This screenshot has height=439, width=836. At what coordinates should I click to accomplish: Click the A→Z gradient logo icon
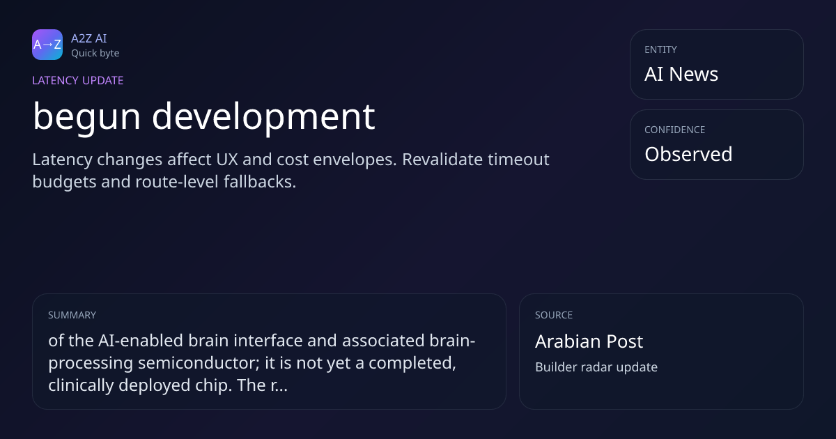click(x=47, y=45)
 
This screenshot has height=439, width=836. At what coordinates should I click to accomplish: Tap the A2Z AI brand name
click(x=89, y=38)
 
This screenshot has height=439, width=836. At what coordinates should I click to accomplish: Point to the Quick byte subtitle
click(x=95, y=54)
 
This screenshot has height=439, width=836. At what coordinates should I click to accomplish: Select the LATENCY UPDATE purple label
click(x=77, y=80)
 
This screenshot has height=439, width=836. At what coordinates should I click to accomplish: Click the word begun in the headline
click(x=86, y=116)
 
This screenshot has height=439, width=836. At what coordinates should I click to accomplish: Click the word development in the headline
click(x=263, y=116)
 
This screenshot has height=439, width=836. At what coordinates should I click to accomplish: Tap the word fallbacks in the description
click(x=260, y=182)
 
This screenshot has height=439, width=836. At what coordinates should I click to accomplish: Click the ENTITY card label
click(x=660, y=49)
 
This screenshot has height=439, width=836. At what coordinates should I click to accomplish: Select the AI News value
click(x=681, y=74)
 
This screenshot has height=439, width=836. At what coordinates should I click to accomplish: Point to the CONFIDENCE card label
click(x=675, y=130)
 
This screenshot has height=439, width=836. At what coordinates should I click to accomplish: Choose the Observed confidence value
click(x=688, y=154)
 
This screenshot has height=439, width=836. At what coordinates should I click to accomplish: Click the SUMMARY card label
click(x=72, y=315)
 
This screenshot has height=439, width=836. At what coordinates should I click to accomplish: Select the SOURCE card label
click(x=554, y=315)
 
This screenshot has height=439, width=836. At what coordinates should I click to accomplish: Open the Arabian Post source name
click(x=589, y=341)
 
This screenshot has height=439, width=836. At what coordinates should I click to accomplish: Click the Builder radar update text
click(x=596, y=367)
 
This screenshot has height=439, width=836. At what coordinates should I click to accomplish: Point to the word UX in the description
click(x=227, y=160)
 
